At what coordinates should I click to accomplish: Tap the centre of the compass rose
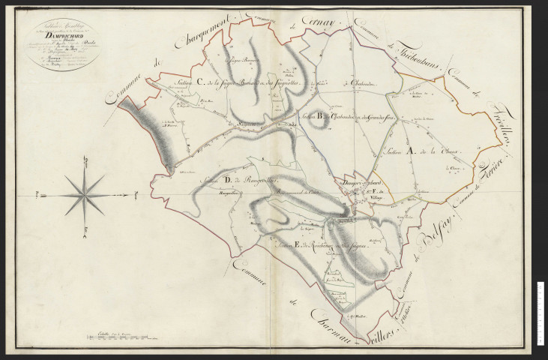(x=85, y=196)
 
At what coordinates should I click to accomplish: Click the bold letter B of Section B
(x=320, y=115)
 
